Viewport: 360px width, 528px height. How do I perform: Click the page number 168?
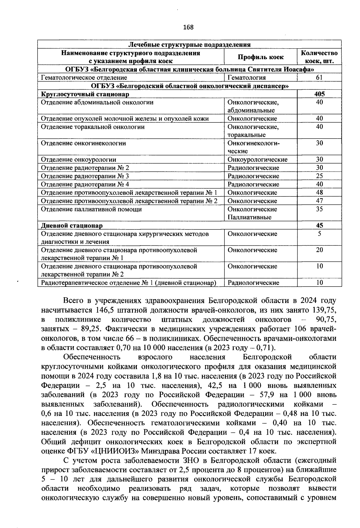[188, 27]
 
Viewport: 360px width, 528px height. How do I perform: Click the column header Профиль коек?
[261, 57]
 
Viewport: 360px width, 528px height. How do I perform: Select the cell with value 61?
[319, 78]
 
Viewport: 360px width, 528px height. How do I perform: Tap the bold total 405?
[319, 94]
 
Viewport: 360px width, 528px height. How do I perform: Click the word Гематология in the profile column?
[247, 78]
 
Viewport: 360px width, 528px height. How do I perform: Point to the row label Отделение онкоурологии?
[78, 160]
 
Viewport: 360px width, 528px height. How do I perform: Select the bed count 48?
[319, 193]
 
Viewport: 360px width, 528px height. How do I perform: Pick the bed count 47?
[319, 201]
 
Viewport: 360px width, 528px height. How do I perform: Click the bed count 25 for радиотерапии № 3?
[319, 176]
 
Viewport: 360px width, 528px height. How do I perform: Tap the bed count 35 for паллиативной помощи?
[319, 209]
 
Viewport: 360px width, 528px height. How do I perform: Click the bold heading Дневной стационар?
[72, 226]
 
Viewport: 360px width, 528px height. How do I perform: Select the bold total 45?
[319, 226]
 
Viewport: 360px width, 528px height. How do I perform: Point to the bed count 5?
[319, 234]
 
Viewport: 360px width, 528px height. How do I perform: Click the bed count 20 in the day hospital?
[319, 250]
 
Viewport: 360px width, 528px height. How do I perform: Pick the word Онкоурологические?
[257, 160]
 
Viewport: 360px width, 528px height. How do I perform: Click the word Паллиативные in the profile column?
[249, 217]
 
